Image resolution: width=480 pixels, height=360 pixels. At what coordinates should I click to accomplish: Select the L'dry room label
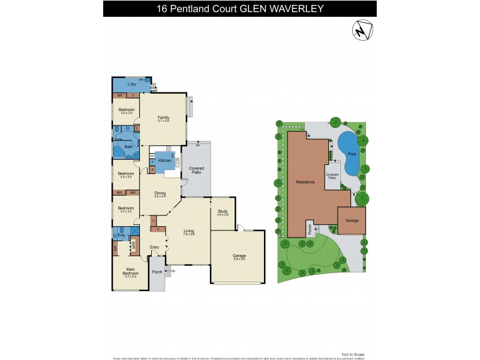tap(132, 84)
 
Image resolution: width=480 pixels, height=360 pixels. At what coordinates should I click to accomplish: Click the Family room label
tap(163, 117)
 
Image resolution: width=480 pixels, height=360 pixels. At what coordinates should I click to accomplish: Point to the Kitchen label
tap(165, 160)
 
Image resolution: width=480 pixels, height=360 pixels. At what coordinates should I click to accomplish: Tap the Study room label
tap(222, 211)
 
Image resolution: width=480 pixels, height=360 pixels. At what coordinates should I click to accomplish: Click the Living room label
tap(188, 230)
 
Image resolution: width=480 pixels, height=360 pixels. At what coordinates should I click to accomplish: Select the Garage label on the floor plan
tap(239, 256)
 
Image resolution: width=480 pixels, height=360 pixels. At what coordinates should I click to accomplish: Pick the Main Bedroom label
tap(130, 272)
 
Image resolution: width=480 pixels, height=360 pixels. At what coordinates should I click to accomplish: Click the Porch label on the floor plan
tap(157, 272)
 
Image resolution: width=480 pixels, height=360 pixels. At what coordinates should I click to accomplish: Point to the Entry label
tap(155, 247)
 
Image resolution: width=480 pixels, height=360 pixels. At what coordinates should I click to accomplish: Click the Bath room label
tap(128, 146)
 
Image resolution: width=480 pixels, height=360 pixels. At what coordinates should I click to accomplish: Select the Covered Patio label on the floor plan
tap(196, 171)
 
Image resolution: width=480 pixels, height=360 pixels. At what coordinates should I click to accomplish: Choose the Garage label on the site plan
tap(352, 220)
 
